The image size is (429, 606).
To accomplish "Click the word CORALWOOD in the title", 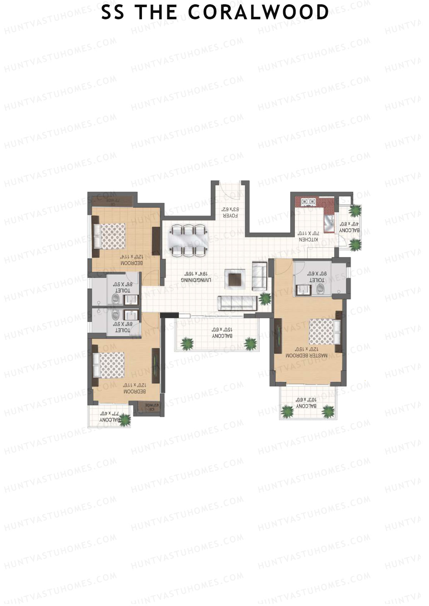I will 258,12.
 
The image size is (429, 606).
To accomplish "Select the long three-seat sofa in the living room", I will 237,303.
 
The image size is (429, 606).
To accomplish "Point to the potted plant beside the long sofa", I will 265,297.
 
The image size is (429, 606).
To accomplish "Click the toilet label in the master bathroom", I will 317,277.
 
